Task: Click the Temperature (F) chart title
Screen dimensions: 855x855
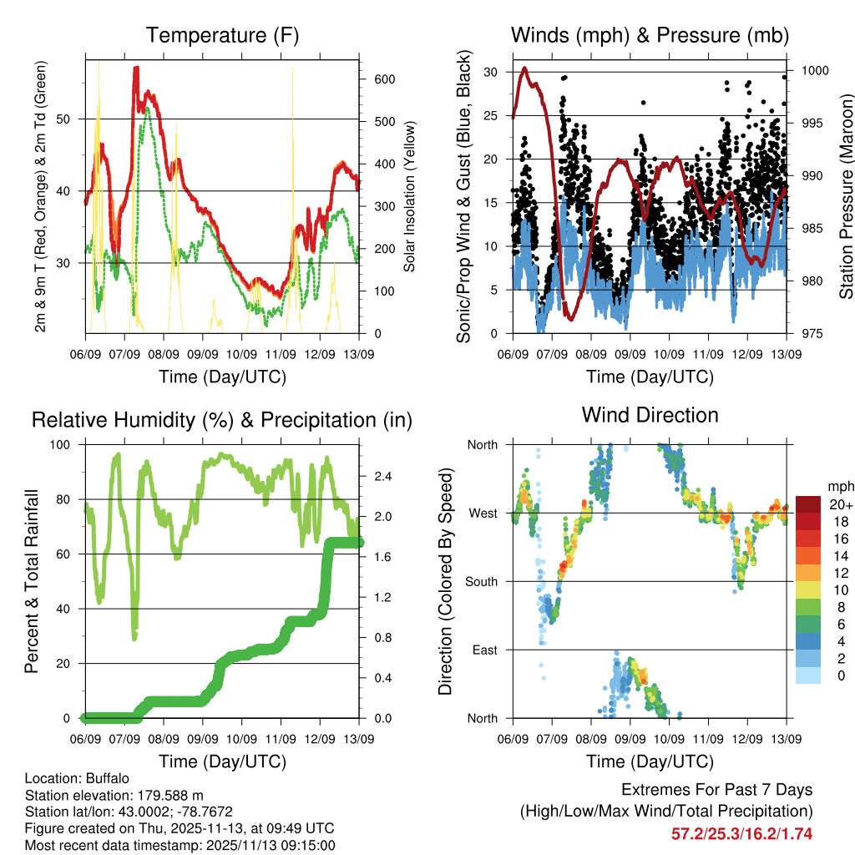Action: tap(222, 36)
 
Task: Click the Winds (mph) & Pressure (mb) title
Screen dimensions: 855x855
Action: tap(650, 36)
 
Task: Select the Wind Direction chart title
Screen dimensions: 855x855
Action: tap(650, 415)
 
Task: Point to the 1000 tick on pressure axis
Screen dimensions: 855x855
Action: tap(813, 71)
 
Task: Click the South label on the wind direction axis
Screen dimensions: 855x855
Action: tap(482, 581)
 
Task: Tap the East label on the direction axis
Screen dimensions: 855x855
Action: tap(484, 650)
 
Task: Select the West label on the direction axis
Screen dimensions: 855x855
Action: tap(483, 513)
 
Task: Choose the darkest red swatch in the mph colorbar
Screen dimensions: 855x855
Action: tap(807, 504)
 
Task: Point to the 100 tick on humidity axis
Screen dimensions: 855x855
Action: tap(63, 445)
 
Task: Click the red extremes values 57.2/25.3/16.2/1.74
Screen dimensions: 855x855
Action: tap(741, 833)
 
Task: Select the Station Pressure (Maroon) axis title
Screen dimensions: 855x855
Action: tap(846, 196)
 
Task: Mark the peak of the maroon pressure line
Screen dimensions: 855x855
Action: tap(524, 68)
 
